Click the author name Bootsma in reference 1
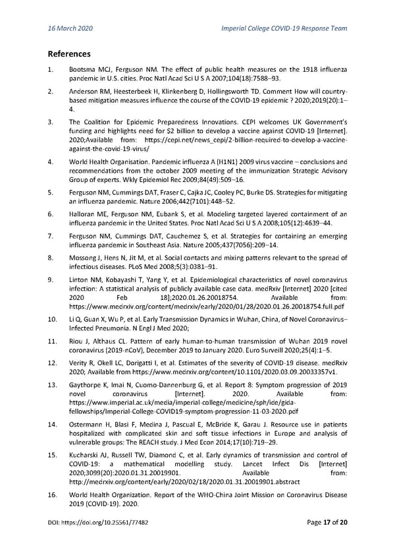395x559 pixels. click(84, 69)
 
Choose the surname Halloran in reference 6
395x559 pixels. click(83, 214)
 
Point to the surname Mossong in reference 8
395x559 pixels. click(84, 268)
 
